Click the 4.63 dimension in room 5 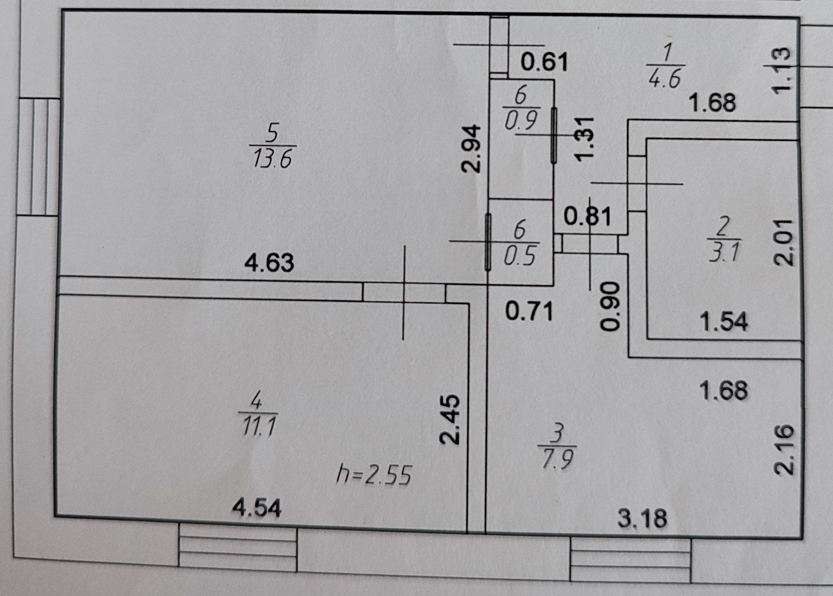269,263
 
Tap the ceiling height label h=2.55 374,475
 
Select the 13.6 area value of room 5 272,159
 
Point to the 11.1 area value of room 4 259,427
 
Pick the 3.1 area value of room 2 725,252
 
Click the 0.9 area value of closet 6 521,120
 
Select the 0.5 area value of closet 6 520,256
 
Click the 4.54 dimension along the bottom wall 257,508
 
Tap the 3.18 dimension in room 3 642,518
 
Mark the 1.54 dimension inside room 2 724,322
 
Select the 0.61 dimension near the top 544,62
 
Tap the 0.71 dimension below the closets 529,312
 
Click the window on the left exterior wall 39,156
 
